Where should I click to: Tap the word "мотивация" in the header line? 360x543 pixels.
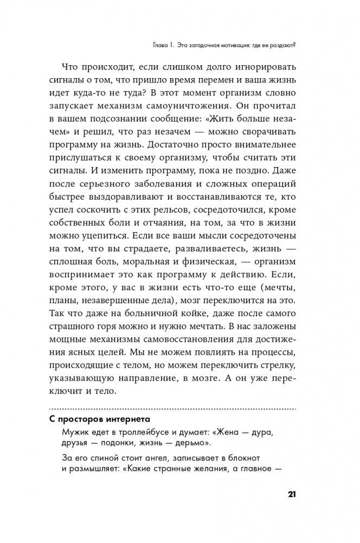pos(221,45)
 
